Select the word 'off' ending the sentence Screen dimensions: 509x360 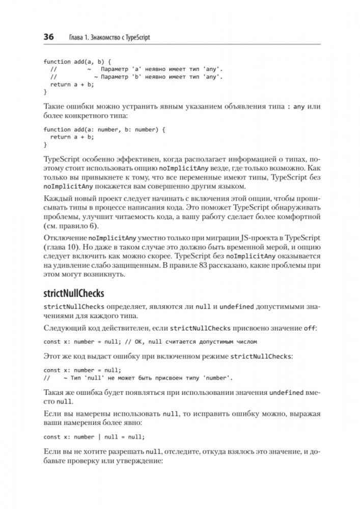tap(309, 329)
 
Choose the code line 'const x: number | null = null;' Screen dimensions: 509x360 tap(94, 437)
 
